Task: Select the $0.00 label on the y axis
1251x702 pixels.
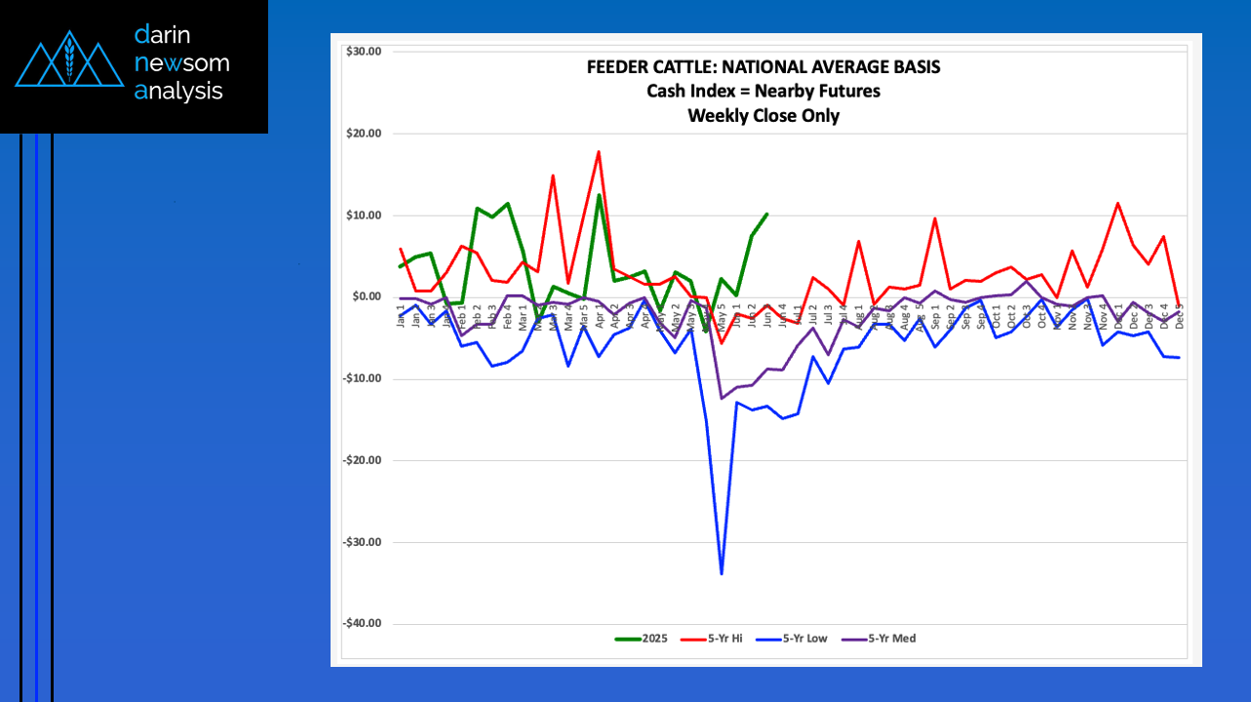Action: click(364, 297)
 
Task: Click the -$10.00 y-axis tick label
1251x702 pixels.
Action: click(361, 379)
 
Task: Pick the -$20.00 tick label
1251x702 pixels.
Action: click(361, 461)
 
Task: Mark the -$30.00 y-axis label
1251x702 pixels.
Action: click(361, 542)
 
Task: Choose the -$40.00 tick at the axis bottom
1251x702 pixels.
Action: click(361, 624)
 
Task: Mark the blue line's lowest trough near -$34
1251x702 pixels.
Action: click(722, 573)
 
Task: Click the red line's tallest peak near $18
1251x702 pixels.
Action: click(598, 152)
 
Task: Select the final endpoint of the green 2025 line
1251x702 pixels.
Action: click(766, 214)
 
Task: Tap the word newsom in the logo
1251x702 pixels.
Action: click(182, 63)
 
